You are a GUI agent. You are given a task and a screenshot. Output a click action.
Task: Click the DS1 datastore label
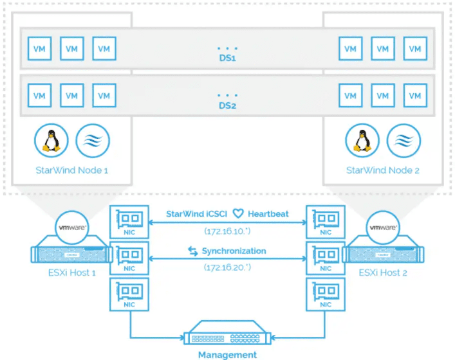[x=227, y=59]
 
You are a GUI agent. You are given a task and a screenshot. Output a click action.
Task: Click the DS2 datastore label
[x=227, y=106]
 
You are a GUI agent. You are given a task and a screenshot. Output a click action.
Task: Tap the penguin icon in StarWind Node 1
[x=51, y=140]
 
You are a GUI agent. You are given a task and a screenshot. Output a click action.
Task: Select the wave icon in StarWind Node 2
[x=404, y=140]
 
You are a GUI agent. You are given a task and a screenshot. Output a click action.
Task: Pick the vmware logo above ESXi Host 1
[x=73, y=228]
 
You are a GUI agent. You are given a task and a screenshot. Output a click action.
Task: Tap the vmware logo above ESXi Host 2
[x=384, y=228]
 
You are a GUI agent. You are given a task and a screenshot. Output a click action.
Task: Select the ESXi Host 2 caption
[x=385, y=273]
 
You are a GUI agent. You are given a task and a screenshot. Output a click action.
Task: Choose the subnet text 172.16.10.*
[x=227, y=230]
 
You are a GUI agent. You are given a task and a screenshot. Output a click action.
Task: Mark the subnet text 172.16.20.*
[x=227, y=266]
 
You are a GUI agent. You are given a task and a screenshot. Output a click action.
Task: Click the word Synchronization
[x=234, y=251]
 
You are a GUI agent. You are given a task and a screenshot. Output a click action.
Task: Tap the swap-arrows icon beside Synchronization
[x=192, y=251]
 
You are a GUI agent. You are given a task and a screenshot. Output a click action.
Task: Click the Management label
[x=227, y=354]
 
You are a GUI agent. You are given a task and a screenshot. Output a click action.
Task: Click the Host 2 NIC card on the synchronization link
[x=324, y=259]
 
